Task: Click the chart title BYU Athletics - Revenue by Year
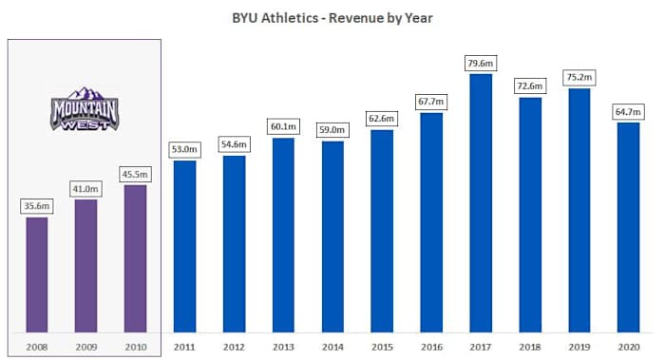tap(332, 17)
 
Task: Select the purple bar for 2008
tap(37, 275)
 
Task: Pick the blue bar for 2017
tap(481, 203)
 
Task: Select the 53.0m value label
tap(184, 150)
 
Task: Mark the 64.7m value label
tap(629, 112)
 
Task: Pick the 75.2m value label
tap(579, 78)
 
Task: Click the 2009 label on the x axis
tap(85, 346)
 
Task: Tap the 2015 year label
tap(382, 346)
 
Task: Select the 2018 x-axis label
tap(530, 346)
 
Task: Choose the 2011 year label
tap(184, 346)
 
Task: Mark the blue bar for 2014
tap(332, 237)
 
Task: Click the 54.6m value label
tap(234, 144)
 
